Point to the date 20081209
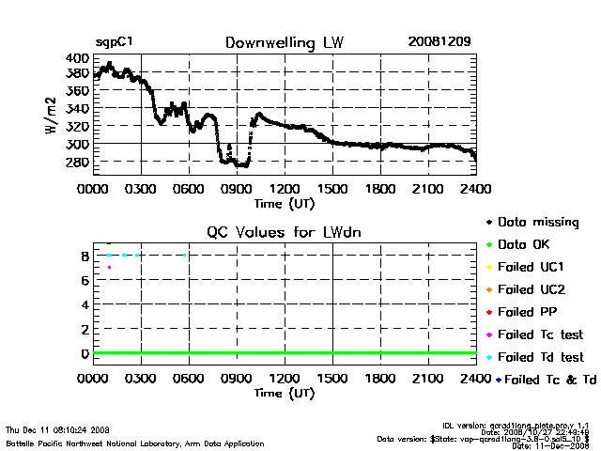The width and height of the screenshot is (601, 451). [439, 42]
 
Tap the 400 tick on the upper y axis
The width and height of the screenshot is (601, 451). [78, 58]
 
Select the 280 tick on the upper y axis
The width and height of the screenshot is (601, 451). [78, 163]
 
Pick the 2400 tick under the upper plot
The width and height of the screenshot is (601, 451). [475, 188]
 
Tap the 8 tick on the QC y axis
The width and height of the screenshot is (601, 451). [85, 256]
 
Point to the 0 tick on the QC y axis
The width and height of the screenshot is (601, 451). [85, 353]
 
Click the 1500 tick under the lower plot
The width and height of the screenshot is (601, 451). [331, 380]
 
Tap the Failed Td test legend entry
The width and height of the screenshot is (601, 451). [540, 357]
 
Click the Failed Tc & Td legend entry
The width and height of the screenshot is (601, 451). [546, 380]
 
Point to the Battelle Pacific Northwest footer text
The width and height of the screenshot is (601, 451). [134, 442]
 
